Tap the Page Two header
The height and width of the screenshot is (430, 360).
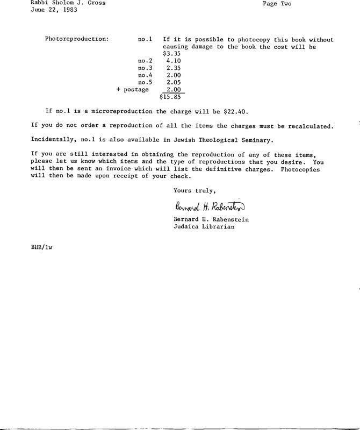[277, 3]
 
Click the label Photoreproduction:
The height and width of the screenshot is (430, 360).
[77, 40]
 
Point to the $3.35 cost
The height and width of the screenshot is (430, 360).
[171, 54]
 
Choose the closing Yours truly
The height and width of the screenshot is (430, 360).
[195, 190]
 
